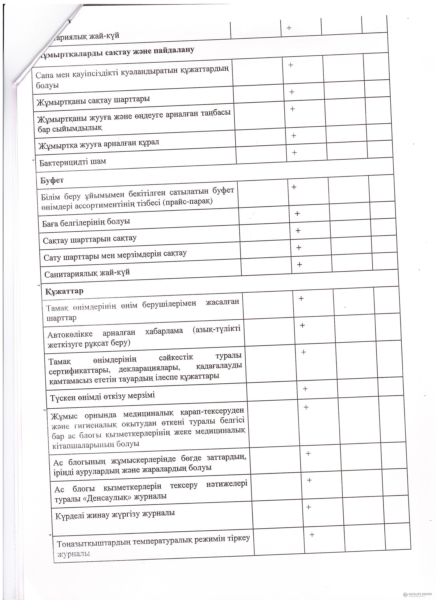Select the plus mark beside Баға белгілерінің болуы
pos(297,213)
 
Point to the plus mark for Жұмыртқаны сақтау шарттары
pos(292,92)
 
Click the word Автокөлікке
pos(70,334)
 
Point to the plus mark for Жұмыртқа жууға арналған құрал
pos(294,136)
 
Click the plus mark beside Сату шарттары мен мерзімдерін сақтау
pos(299,248)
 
